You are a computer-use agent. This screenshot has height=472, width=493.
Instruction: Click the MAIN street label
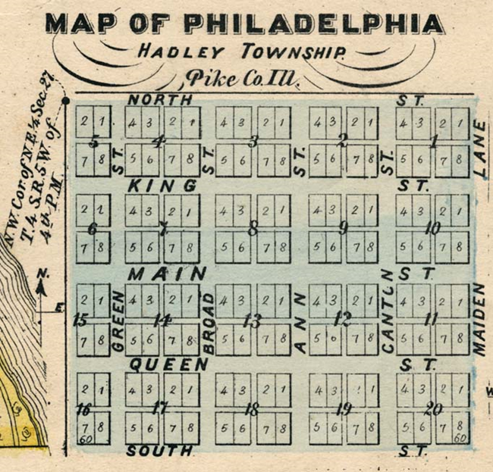click(167, 273)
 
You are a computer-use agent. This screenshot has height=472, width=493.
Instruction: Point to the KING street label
click(162, 186)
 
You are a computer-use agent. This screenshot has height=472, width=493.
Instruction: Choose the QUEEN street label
click(168, 364)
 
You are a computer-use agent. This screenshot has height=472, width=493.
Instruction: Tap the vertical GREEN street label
click(118, 320)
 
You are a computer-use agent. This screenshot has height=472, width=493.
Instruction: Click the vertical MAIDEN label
click(479, 318)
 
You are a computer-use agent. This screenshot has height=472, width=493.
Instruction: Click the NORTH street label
click(160, 99)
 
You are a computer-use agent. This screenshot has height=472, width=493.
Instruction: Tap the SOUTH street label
click(159, 452)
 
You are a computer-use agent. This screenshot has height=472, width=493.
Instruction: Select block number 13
click(252, 320)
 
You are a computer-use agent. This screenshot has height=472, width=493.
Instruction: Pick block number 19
click(344, 410)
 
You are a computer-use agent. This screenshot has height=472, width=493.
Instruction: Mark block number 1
click(434, 141)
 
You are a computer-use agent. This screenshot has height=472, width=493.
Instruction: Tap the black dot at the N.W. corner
click(66, 99)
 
